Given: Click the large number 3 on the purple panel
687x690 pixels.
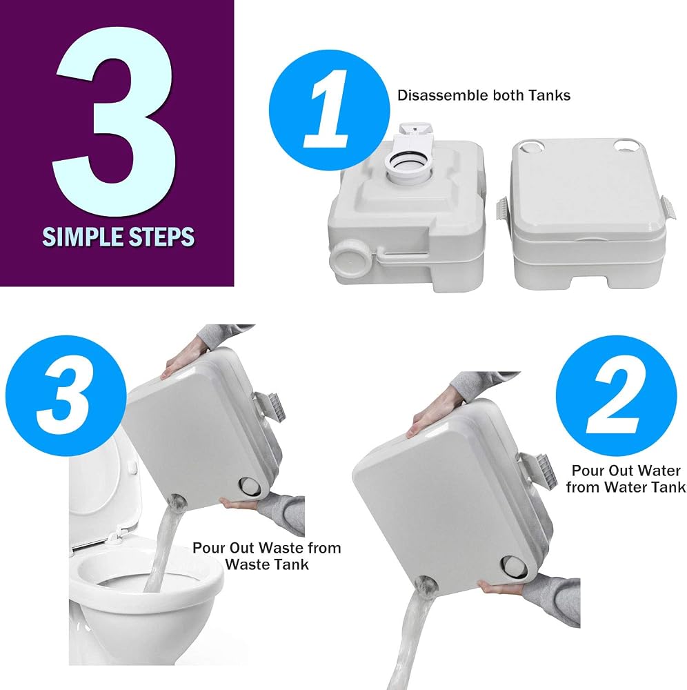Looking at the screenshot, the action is point(115,121).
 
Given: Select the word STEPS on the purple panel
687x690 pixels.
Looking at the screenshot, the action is point(161,237).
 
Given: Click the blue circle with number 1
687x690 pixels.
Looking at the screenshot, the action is point(330,110).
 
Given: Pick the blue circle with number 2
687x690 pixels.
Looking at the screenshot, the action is point(616,396).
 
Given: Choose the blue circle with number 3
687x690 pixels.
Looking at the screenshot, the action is point(66,396).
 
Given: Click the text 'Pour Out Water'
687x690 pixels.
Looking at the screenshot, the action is point(626,471).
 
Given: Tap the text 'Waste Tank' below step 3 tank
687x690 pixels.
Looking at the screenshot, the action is point(266,564).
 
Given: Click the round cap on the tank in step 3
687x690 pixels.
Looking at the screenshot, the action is point(250,486).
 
